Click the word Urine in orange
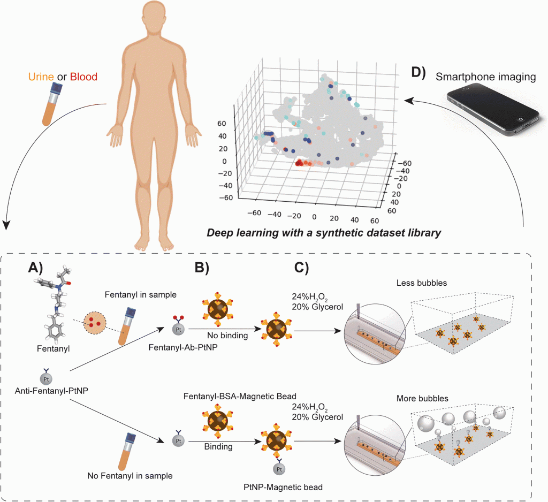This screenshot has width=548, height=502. point(41,77)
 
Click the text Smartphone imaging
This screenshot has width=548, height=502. point(485,77)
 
